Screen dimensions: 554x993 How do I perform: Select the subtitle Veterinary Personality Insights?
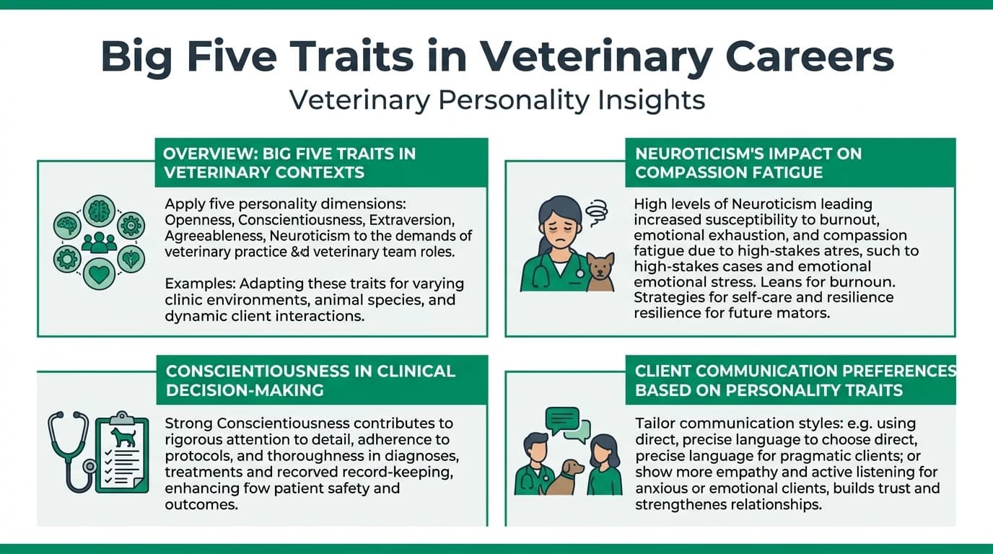pos(496,100)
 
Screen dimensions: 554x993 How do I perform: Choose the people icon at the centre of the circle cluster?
pos(99,243)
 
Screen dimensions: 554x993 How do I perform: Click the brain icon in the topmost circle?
pos(99,211)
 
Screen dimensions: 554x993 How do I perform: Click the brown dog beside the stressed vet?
pos(600,272)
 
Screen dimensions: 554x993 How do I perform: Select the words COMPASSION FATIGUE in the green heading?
pos(729,172)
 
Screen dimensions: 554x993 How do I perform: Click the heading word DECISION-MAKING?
pos(245,390)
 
